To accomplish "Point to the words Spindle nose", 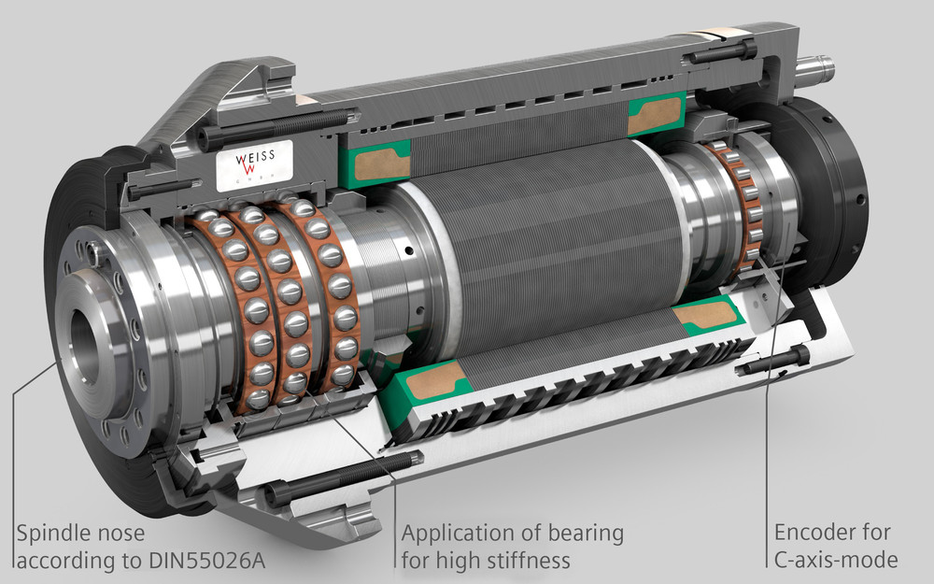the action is pyautogui.click(x=80, y=533).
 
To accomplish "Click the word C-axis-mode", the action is pyautogui.click(x=836, y=560).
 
